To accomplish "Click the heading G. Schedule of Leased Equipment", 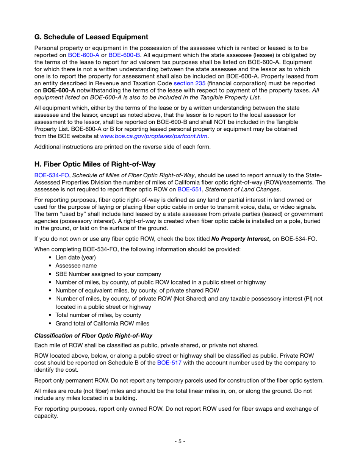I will [91, 37].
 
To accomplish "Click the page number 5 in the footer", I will [180, 441].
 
